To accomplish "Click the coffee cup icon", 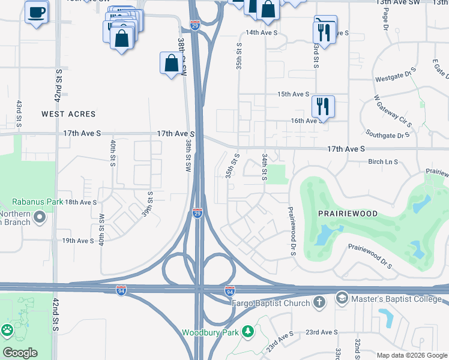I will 37,11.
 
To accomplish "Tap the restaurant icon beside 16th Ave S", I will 323,106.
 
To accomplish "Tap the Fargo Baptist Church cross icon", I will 320,301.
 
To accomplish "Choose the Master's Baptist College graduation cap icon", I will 342,297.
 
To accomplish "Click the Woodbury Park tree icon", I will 247,332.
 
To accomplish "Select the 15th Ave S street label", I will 293,94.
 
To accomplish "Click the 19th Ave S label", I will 79,241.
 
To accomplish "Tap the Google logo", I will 20,353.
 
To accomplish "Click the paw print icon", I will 7,329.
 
